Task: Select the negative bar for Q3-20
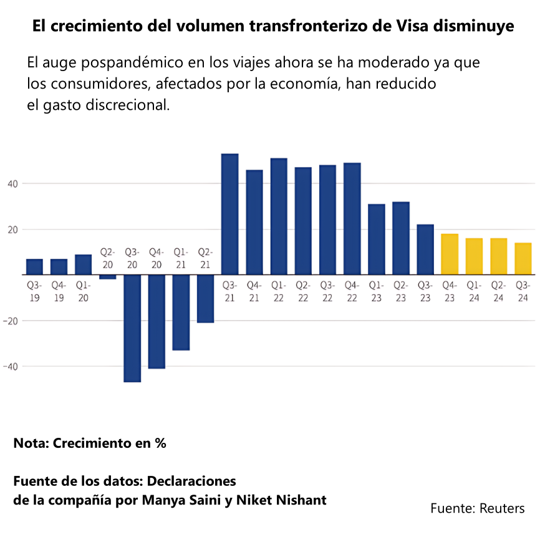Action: [x=132, y=328]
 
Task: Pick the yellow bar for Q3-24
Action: [x=523, y=258]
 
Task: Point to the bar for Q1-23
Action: [x=376, y=239]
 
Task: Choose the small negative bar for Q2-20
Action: [x=108, y=277]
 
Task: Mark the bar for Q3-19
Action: [x=34, y=266]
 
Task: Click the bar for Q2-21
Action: [x=205, y=299]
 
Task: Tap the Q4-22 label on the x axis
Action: [x=352, y=291]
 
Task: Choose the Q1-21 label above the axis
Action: [x=181, y=258]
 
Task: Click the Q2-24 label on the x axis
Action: [x=498, y=291]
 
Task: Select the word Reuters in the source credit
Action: [x=502, y=508]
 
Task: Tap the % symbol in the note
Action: [x=160, y=443]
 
